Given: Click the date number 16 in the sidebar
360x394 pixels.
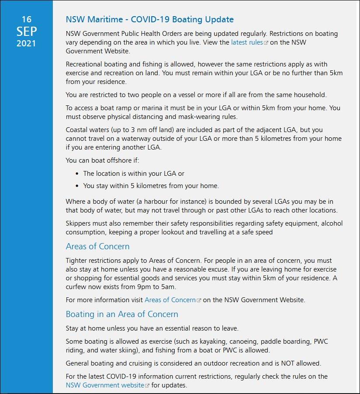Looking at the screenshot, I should coord(27,19).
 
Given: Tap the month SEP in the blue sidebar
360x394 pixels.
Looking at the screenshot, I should coord(27,31).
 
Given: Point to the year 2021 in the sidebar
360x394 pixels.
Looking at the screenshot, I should coord(27,43).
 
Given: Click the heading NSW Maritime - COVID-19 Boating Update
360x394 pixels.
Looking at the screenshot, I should coord(149,20).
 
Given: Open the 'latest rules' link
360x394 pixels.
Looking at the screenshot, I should coord(247,42).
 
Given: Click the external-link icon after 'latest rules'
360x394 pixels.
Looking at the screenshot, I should coord(266,43).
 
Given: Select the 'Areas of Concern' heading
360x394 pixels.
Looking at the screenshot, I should coord(97,246).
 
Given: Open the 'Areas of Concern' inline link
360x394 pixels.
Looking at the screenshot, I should coord(170,300).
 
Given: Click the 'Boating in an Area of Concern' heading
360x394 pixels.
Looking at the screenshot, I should coord(122,314).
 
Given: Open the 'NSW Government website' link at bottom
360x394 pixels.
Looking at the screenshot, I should coord(105,385).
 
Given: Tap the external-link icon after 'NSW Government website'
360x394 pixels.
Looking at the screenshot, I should coord(147,386).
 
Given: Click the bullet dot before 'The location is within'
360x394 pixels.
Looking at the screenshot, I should coord(77,174).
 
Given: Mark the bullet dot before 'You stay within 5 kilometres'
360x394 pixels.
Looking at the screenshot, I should coord(77,186).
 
